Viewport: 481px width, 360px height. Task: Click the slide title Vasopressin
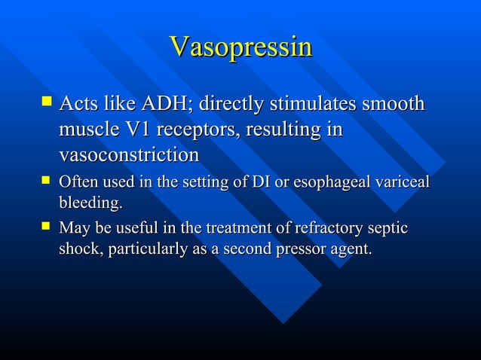tap(240, 47)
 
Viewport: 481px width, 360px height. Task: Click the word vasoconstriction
tap(129, 155)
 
